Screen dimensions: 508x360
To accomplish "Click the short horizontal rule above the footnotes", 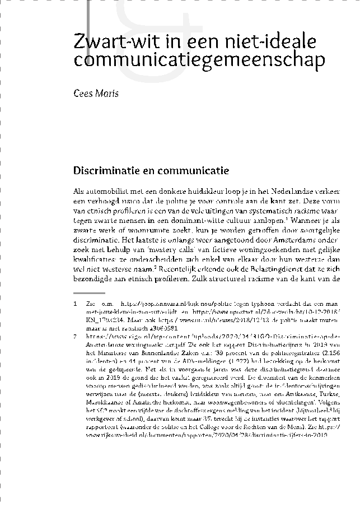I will tap(89, 292).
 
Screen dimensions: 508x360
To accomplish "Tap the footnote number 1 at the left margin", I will tap(76, 303).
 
